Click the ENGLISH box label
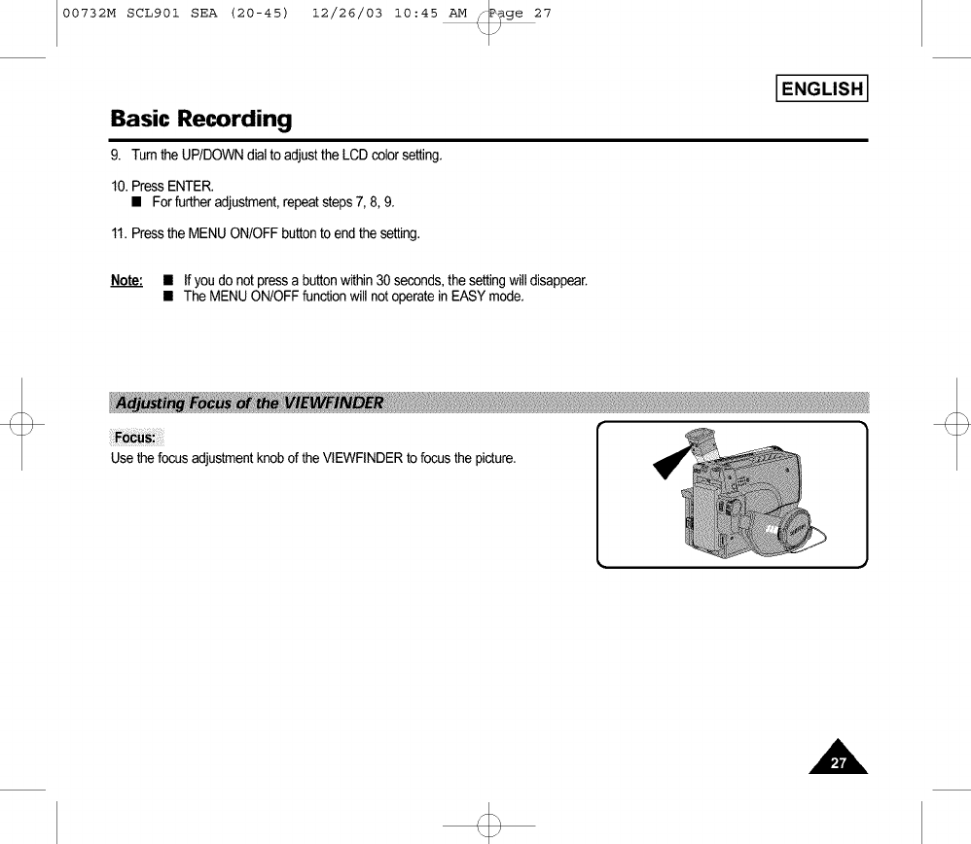[x=821, y=89]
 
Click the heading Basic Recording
[x=200, y=120]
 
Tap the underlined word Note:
[x=127, y=281]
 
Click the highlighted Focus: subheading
[x=139, y=435]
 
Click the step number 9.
[x=116, y=156]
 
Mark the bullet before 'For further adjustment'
[x=138, y=202]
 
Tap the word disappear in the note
[x=556, y=281]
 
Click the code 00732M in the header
[x=88, y=14]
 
